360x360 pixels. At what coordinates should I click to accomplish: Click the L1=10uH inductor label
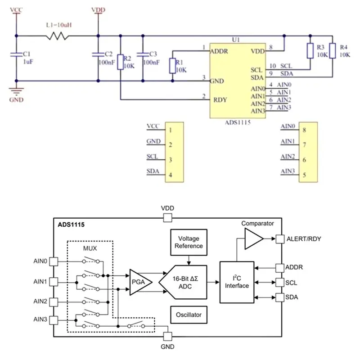pyautogui.click(x=59, y=25)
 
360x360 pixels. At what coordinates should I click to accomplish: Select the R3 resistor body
pyautogui.click(x=310, y=50)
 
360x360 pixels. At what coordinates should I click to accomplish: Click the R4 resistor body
pyautogui.click(x=333, y=50)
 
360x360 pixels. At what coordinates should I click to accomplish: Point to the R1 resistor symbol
pyautogui.click(x=172, y=66)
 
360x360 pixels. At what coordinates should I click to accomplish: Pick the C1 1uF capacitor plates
pyautogui.click(x=16, y=54)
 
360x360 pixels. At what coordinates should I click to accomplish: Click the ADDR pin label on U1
pyautogui.click(x=219, y=51)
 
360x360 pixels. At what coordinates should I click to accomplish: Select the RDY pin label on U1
pyautogui.click(x=220, y=100)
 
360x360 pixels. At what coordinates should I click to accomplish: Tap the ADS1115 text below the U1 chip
pyautogui.click(x=238, y=122)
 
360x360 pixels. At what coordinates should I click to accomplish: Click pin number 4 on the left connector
pyautogui.click(x=171, y=175)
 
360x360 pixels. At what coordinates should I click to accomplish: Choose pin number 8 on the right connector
pyautogui.click(x=304, y=130)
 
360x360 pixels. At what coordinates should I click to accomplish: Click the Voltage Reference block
pyautogui.click(x=189, y=242)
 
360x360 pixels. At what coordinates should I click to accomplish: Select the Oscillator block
pyautogui.click(x=189, y=315)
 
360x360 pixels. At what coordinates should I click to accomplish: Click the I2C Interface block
pyautogui.click(x=237, y=282)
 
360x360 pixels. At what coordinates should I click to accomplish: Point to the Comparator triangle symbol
pyautogui.click(x=254, y=239)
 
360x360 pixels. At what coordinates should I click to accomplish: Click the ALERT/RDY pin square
pyautogui.click(x=280, y=239)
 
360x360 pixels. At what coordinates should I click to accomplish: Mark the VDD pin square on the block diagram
pyautogui.click(x=167, y=218)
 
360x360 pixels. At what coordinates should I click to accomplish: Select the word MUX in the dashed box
pyautogui.click(x=90, y=248)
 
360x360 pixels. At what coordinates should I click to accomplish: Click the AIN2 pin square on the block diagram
pyautogui.click(x=54, y=302)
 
